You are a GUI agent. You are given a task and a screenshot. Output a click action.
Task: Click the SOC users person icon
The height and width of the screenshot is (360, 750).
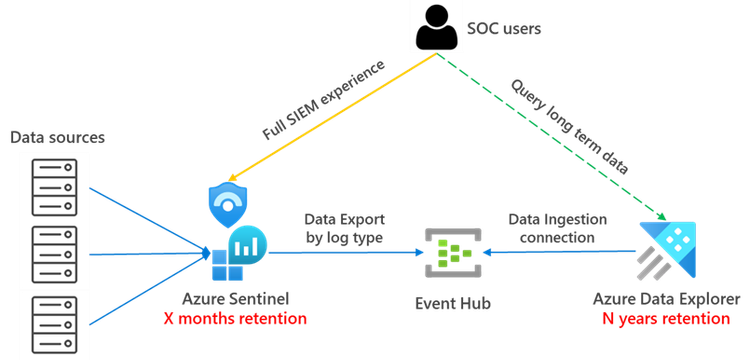[436, 28]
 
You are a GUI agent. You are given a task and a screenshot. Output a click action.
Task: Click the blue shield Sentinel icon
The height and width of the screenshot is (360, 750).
[227, 204]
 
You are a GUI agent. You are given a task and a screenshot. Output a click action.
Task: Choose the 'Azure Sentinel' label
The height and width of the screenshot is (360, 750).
[236, 299]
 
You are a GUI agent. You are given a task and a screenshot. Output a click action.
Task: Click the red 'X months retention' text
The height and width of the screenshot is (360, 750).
[236, 319]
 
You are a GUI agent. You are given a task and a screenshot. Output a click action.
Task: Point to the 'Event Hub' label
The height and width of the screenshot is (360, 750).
[447, 300]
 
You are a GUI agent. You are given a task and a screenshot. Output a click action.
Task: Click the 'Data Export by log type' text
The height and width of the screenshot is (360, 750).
[344, 227]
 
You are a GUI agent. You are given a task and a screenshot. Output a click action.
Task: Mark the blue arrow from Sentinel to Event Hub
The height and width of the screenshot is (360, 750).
[340, 254]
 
